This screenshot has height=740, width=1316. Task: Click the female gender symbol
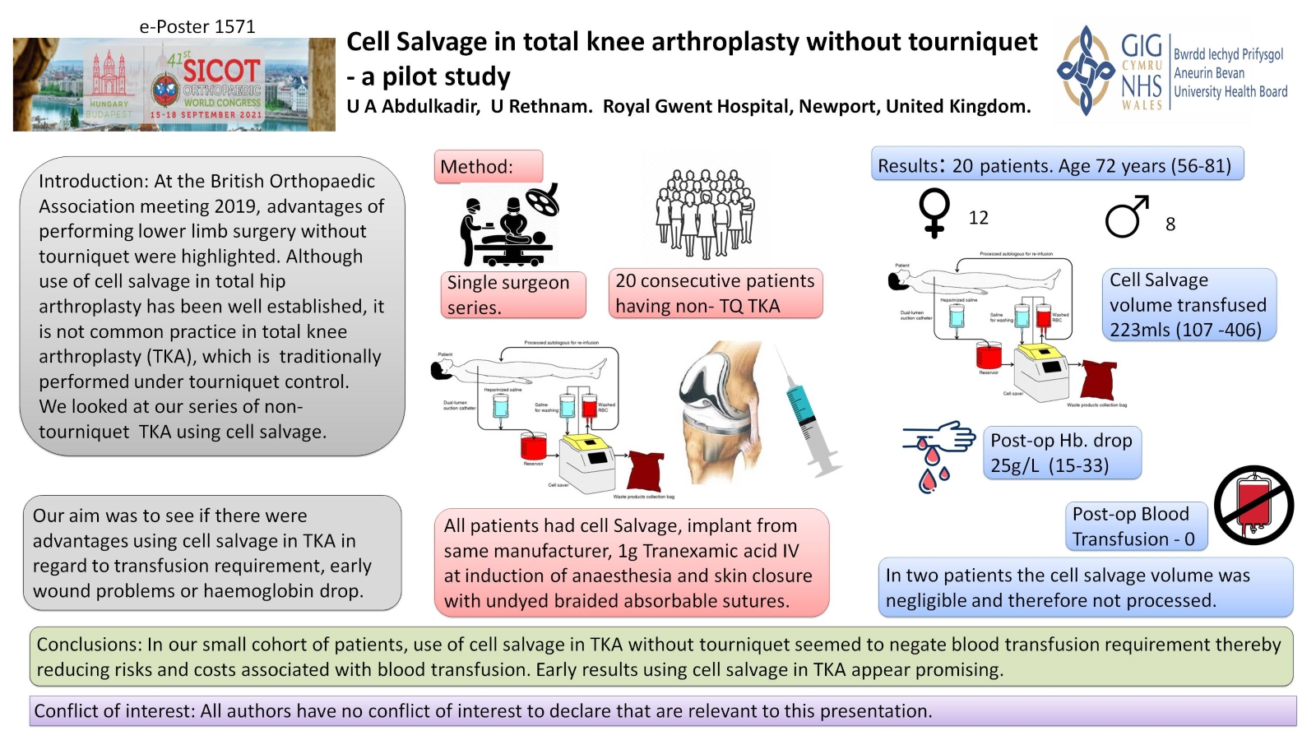934,213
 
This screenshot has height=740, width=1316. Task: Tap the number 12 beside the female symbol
978,218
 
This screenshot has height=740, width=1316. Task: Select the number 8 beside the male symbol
1170,224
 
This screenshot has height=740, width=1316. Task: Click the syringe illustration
809,412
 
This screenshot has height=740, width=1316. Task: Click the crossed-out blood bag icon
1253,505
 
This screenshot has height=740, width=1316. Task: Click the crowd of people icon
704,213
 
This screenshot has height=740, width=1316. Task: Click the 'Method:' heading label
477,167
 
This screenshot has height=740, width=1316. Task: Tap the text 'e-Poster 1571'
197,26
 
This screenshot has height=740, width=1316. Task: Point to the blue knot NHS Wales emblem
1086,71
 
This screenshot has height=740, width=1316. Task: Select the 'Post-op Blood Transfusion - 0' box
1134,526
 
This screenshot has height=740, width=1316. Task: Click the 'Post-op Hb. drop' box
1061,452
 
